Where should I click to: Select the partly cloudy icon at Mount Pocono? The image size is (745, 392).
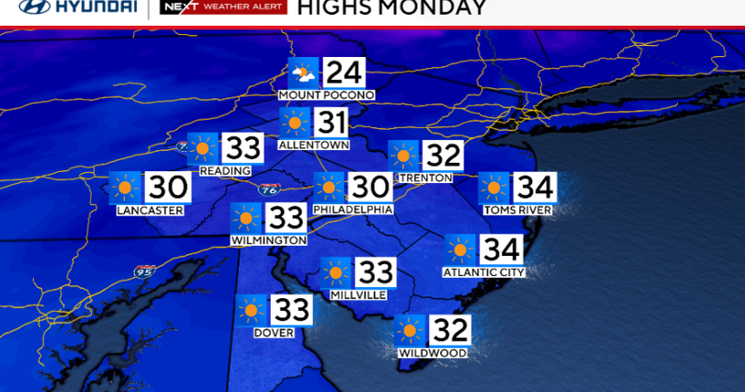[x=303, y=73]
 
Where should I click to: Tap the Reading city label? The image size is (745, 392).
[x=225, y=170]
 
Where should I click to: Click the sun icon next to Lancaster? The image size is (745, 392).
[x=125, y=188]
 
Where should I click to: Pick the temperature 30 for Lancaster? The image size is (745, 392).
[x=167, y=188]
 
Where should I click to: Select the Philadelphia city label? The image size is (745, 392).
[x=353, y=210]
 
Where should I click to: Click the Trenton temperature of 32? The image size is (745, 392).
[x=442, y=156]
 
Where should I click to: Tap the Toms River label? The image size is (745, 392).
[x=518, y=210]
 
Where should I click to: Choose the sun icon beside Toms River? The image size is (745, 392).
[x=493, y=188]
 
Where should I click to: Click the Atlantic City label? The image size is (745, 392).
[x=483, y=271]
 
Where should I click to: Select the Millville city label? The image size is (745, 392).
[x=357, y=294]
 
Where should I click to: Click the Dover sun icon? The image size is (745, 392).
[x=251, y=310]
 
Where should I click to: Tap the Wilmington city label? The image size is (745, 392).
[x=268, y=240]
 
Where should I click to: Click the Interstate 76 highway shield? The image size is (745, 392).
[x=269, y=190]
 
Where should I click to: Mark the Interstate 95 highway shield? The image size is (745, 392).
[x=145, y=272]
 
